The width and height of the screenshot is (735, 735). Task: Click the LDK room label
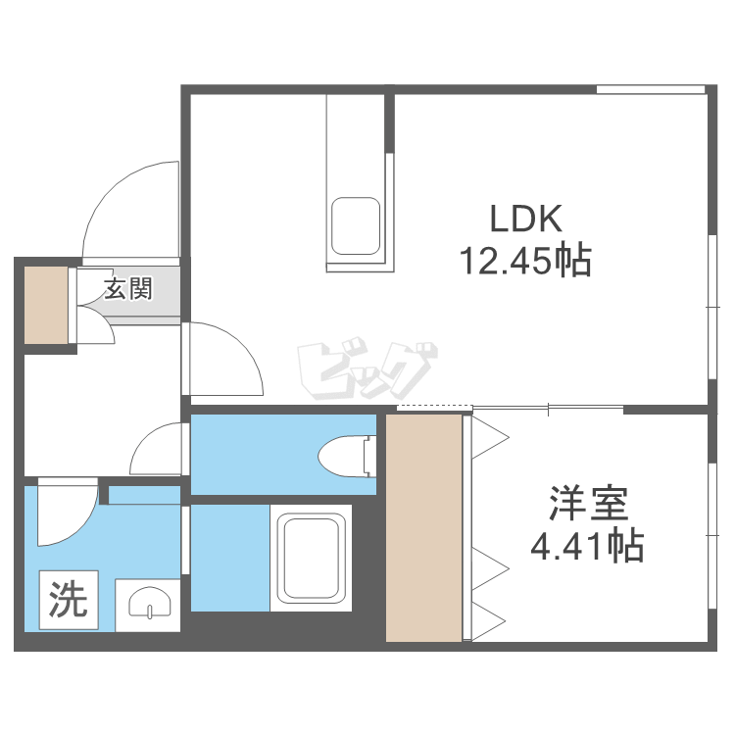click(525, 219)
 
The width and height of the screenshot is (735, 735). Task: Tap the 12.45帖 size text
click(525, 261)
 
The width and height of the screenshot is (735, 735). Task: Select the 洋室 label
click(588, 504)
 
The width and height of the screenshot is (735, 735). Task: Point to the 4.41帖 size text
click(587, 546)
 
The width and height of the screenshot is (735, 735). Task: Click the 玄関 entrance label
click(128, 288)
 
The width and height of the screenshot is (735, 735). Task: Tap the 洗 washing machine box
click(69, 600)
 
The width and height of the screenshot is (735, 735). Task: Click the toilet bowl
click(347, 457)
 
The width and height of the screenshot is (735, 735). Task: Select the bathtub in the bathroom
click(311, 558)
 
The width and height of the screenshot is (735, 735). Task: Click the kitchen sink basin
click(356, 226)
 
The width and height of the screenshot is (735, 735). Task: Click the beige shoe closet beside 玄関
click(46, 305)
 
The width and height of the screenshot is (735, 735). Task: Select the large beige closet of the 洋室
click(423, 528)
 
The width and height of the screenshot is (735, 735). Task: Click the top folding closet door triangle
click(490, 438)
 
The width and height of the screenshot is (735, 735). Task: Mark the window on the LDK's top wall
click(651, 89)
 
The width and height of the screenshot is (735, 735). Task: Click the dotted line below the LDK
click(434, 405)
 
